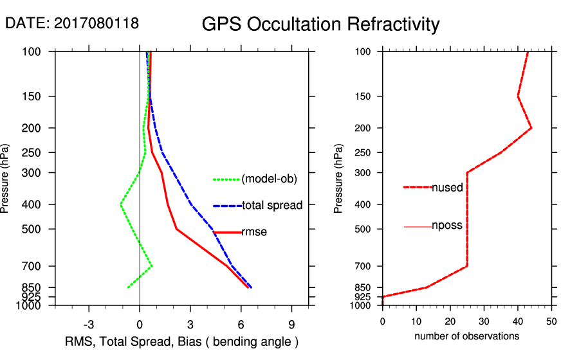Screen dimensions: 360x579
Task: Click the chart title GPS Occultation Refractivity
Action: pos(320,24)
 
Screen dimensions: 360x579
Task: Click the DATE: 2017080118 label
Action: pos(72,24)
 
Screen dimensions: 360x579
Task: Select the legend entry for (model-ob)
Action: pos(269,179)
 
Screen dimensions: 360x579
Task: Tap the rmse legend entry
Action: pos(254,232)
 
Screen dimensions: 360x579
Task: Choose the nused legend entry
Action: pos(447,187)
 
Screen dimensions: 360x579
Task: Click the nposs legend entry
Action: pos(447,226)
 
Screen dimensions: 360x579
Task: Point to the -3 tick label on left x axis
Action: pos(89,325)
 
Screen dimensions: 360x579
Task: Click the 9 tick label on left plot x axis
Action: pos(291,325)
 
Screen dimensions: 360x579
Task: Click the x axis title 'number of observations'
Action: pos(466,336)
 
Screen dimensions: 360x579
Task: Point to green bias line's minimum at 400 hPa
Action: pos(121,204)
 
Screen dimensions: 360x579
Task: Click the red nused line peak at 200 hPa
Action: pos(531,128)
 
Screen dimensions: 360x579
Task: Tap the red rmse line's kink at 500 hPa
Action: pos(176,229)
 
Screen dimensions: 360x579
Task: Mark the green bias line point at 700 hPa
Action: pos(152,265)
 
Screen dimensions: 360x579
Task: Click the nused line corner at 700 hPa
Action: pos(467,265)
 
